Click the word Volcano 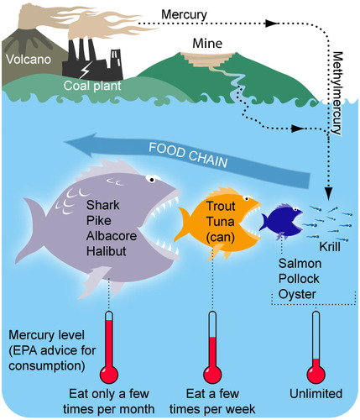(x=29, y=60)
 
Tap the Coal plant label (x=92, y=86)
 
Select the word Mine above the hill (x=207, y=44)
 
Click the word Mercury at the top (x=184, y=14)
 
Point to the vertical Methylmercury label (x=338, y=93)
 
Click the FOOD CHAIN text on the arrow (x=188, y=155)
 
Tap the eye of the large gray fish (x=152, y=179)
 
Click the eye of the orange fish (x=247, y=199)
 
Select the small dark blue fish (x=280, y=221)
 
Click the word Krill (x=330, y=247)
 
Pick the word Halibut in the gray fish (x=107, y=251)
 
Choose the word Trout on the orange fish (x=221, y=207)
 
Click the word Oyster (x=297, y=295)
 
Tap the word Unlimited (x=316, y=394)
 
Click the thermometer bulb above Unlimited (x=316, y=374)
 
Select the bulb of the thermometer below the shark (x=109, y=375)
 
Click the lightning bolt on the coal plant (x=85, y=70)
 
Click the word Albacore (x=112, y=236)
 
